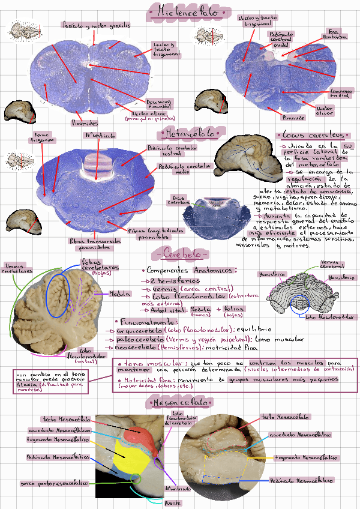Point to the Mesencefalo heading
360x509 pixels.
179,401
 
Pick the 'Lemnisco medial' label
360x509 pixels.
341,92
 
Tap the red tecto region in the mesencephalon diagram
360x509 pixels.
142,436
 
